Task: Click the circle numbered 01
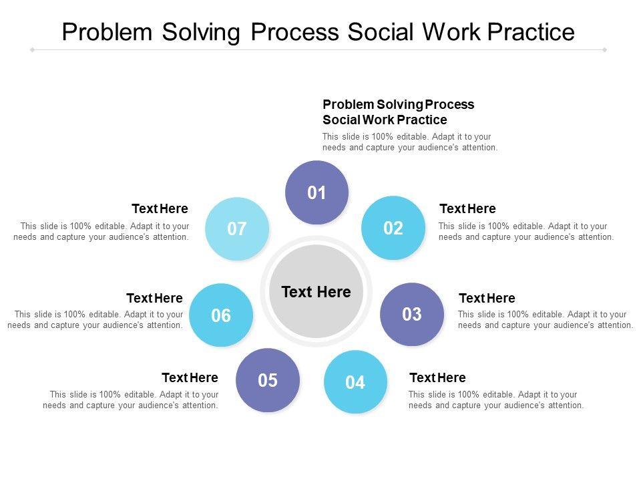tap(316, 192)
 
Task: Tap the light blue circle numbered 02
tap(393, 228)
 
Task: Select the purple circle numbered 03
tap(412, 314)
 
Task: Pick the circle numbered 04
tap(355, 381)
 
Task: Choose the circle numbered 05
tap(268, 380)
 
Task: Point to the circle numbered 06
tap(221, 315)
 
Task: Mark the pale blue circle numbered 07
tap(237, 228)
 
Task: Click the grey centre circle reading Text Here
tap(316, 291)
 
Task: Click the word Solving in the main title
tap(201, 33)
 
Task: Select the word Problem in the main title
tap(107, 32)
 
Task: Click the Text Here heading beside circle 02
tap(467, 208)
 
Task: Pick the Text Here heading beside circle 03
tap(487, 298)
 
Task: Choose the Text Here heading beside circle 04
tap(437, 377)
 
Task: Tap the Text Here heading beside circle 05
tap(190, 377)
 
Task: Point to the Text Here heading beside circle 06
tap(154, 298)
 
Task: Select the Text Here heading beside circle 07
tap(160, 208)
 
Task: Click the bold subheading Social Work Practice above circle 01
tap(385, 120)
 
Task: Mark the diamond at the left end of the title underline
tap(32, 50)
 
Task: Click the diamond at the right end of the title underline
tap(604, 50)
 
